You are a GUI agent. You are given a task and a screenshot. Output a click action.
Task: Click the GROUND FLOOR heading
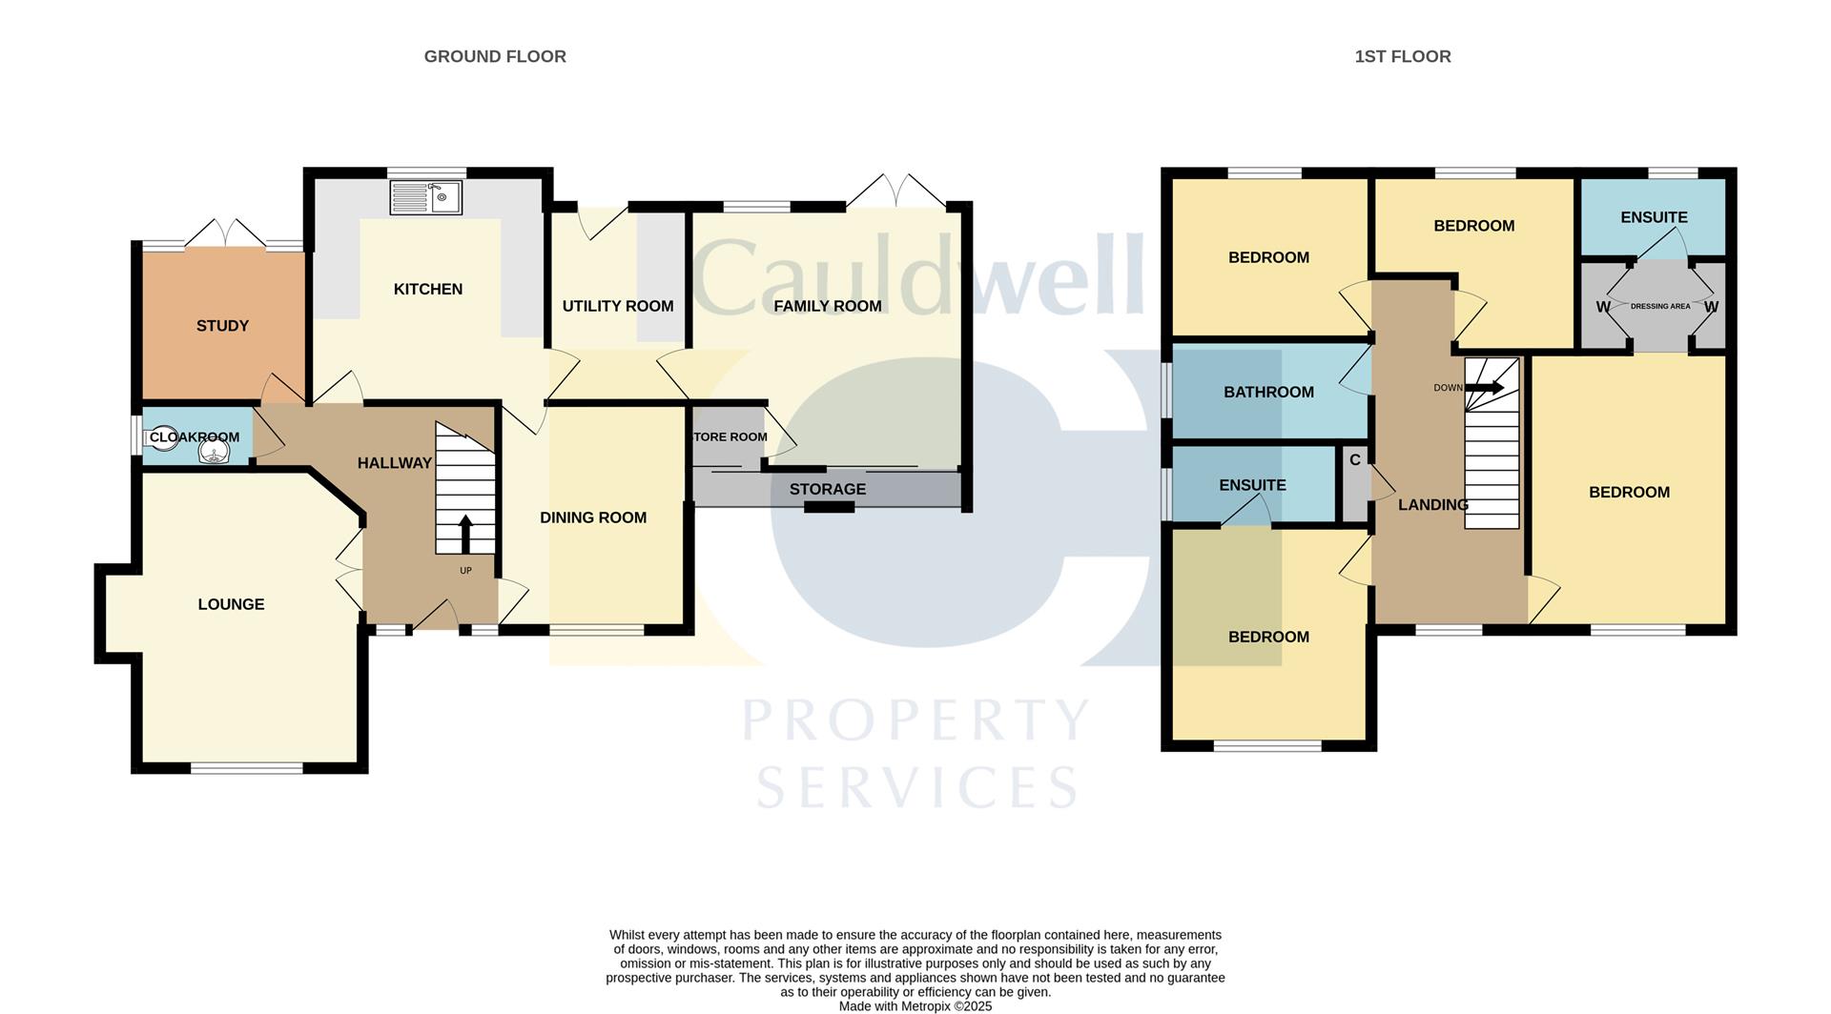pos(495,57)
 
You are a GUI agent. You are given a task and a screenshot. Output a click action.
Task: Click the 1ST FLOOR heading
pos(1402,57)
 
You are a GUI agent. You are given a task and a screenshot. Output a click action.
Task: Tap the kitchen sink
pos(426,198)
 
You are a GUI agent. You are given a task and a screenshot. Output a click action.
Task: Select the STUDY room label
pos(222,326)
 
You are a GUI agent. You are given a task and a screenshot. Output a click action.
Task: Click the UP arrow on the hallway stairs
pos(465,535)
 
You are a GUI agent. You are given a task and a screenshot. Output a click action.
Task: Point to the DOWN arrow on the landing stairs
pos(1484,388)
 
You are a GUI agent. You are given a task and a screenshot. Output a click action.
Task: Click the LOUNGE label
pos(231,604)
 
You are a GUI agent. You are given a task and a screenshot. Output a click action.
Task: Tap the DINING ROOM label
pos(593,517)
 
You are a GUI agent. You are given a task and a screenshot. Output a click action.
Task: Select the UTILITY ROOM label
pos(617,306)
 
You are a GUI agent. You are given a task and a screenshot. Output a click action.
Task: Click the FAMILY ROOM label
pos(827,306)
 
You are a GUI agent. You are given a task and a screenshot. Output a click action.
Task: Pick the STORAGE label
pos(827,489)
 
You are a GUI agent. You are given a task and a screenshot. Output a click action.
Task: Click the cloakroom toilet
pos(163,437)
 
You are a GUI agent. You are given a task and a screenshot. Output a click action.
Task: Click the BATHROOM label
pos(1268,392)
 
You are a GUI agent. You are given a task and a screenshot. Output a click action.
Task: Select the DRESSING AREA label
pos(1660,307)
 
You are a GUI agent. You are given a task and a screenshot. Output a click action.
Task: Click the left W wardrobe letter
pos(1602,307)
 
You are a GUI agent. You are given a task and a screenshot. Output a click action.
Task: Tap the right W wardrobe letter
pos(1711,307)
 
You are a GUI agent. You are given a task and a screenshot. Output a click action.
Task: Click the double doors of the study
pos(222,233)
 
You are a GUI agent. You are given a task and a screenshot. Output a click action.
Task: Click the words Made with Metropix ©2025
pos(915,1006)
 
